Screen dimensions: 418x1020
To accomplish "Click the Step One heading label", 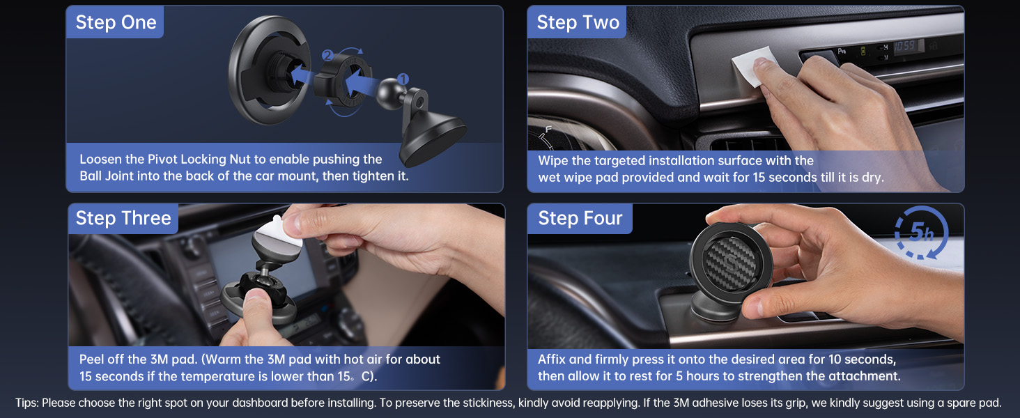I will click(116, 22).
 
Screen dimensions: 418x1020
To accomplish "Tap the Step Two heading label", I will click(578, 22).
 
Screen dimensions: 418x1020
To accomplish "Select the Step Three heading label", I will click(123, 218).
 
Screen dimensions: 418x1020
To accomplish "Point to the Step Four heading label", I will click(580, 218).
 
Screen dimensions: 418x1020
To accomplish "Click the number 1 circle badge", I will click(403, 80).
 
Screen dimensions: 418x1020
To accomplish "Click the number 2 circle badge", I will click(327, 56).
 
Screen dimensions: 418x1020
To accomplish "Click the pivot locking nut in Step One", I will click(342, 84).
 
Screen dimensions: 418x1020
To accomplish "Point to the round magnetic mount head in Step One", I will click(261, 70).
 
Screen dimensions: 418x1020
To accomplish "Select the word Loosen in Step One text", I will click(101, 160).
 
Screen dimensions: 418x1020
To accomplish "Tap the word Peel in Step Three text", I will click(93, 359).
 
